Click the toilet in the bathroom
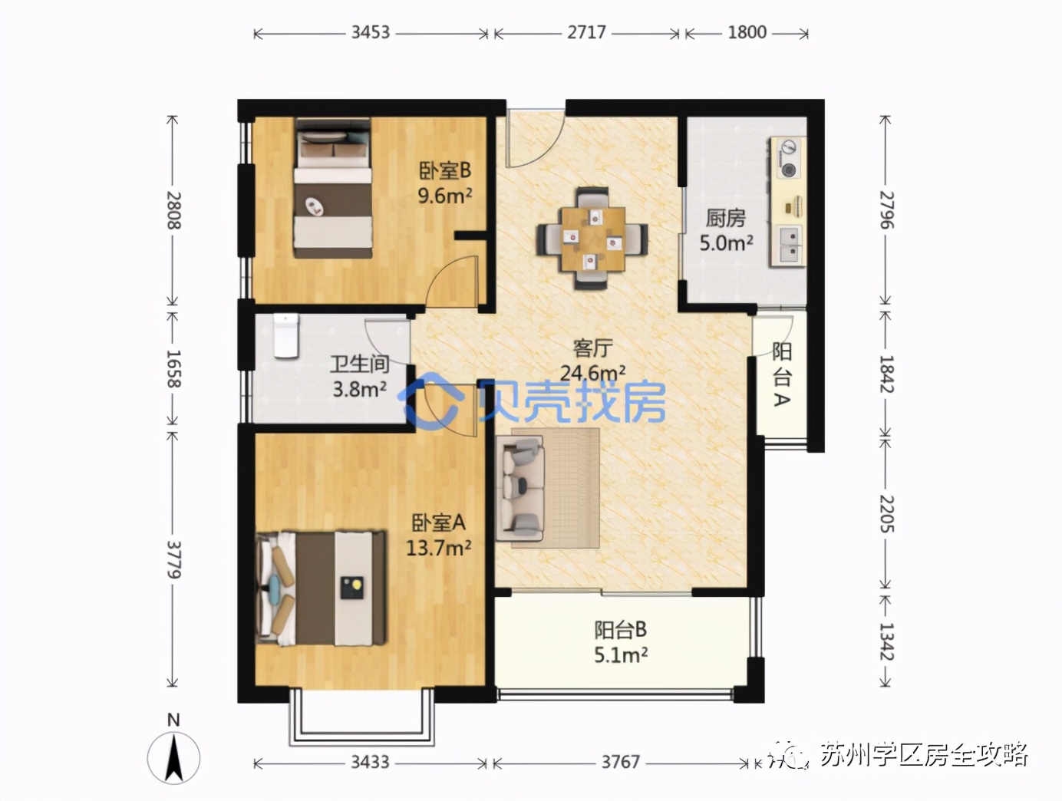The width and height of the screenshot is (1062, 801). pyautogui.click(x=285, y=335)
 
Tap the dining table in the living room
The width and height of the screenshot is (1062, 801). pyautogui.click(x=592, y=239)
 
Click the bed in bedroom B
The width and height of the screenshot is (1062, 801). pyautogui.click(x=333, y=188)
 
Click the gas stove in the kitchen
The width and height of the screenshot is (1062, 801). pyautogui.click(x=788, y=159)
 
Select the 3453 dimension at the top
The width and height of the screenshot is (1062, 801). pyautogui.click(x=371, y=32)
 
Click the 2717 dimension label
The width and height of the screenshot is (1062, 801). pyautogui.click(x=586, y=32)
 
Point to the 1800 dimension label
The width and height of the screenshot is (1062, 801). pyautogui.click(x=747, y=32)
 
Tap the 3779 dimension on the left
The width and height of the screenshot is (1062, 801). pyautogui.click(x=174, y=559)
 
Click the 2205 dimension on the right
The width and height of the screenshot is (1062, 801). pyautogui.click(x=886, y=514)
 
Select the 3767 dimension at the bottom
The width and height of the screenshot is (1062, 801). pyautogui.click(x=620, y=762)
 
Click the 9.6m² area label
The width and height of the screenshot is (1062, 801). pyautogui.click(x=444, y=196)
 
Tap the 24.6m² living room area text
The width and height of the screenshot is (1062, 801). pyautogui.click(x=592, y=373)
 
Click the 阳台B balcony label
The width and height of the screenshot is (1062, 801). pyautogui.click(x=620, y=630)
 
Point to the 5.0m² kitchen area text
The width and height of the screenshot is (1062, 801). pyautogui.click(x=726, y=243)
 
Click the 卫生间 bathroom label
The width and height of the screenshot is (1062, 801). pyautogui.click(x=359, y=364)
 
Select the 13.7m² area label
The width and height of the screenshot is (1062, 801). pyautogui.click(x=438, y=548)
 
